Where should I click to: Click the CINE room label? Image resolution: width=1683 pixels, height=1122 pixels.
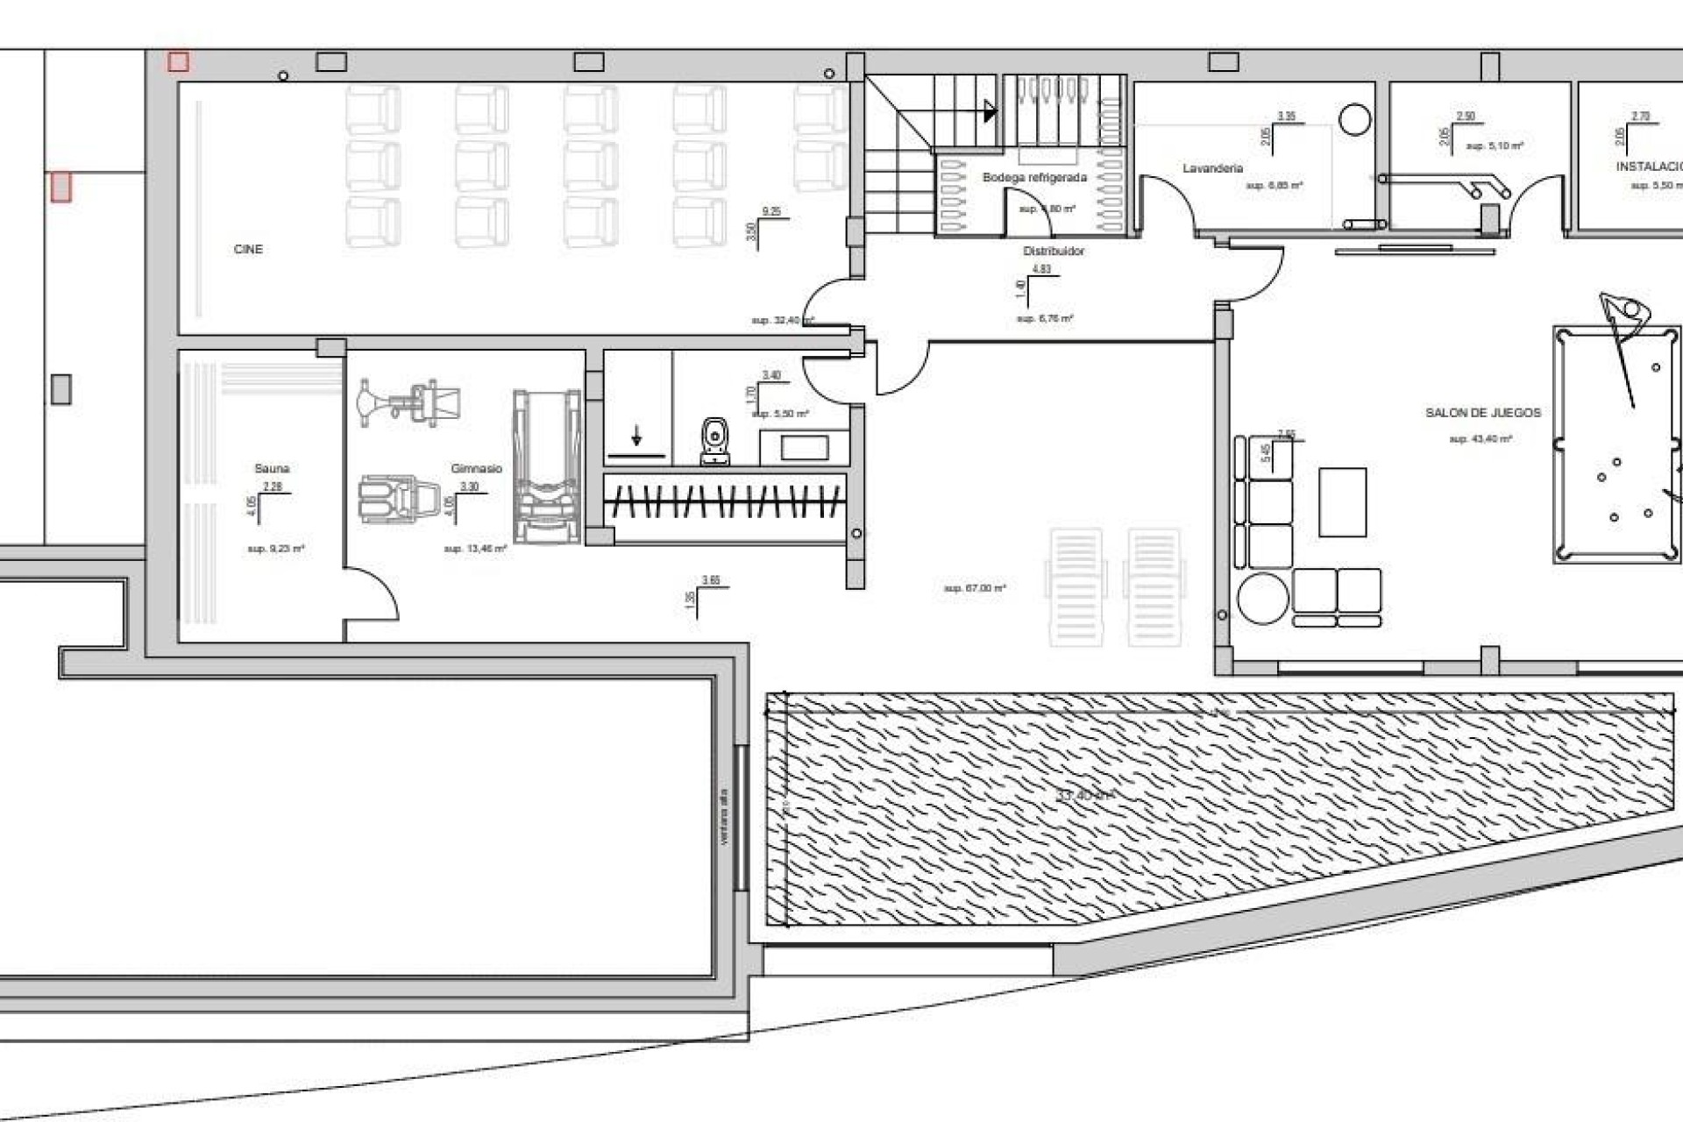pos(248,250)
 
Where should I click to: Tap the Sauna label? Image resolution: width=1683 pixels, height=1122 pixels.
pos(272,469)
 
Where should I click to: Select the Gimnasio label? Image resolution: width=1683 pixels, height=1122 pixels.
pos(476,469)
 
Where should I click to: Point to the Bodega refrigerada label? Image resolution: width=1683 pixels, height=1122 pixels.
pos(1034,178)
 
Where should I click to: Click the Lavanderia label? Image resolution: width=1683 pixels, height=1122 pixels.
pos(1212,168)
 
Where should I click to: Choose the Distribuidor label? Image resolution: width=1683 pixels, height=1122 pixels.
pos(1054,252)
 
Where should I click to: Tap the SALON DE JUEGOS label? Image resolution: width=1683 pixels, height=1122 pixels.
pos(1482,413)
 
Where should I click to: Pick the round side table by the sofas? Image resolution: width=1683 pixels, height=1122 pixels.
pos(1262,597)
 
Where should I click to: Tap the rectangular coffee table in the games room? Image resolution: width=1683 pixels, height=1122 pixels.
pos(1342,502)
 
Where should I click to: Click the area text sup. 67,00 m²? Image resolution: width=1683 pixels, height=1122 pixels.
pos(975,588)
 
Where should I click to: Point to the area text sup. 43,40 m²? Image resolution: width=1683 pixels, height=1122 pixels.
pos(1480,439)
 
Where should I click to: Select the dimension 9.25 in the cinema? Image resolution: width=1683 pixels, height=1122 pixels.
pos(771,212)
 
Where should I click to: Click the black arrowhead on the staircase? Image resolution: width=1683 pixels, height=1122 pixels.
pos(991,111)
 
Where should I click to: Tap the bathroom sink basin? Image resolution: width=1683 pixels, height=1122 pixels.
pos(804,448)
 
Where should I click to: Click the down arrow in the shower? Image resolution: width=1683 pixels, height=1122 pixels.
pos(636,436)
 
